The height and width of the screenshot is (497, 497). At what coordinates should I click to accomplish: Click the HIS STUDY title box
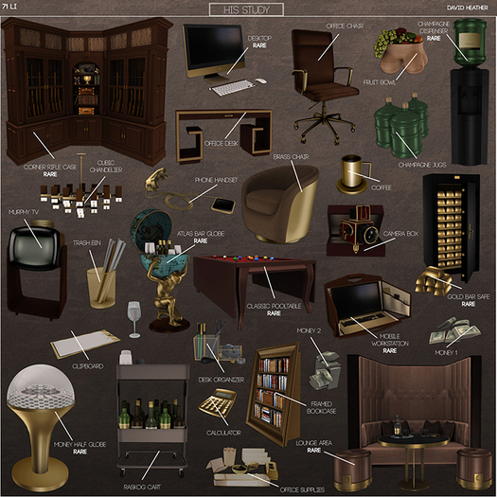[246, 9]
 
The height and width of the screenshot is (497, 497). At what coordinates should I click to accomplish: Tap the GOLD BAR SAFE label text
[454, 297]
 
